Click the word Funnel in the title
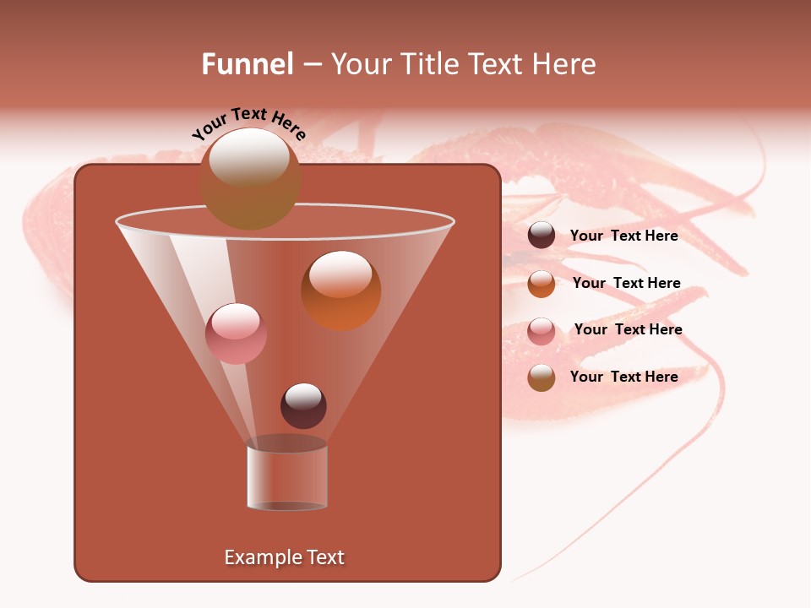pos(248,64)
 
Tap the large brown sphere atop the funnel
pos(250,178)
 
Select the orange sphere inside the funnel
pos(340,290)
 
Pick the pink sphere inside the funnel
pos(236,334)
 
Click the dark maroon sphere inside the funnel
pos(303,405)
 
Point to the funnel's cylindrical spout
pos(287,477)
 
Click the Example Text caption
pos(285,557)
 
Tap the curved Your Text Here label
pos(248,122)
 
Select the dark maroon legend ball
pos(542,236)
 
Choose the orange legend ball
pos(542,283)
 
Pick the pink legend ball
pos(542,330)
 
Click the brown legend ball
pos(542,377)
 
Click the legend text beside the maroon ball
pos(624,236)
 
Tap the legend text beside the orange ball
pos(627,283)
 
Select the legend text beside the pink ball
pos(629,329)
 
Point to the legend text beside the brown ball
pos(624,377)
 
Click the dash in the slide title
pos(311,65)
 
